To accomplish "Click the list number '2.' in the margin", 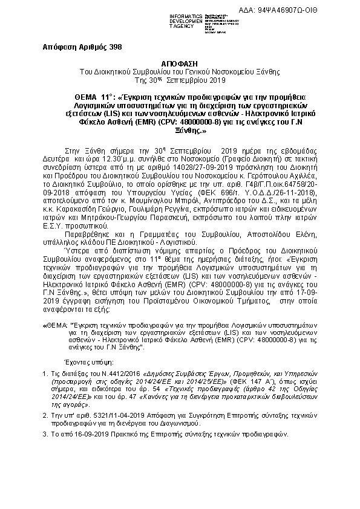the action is [x=45, y=415].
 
